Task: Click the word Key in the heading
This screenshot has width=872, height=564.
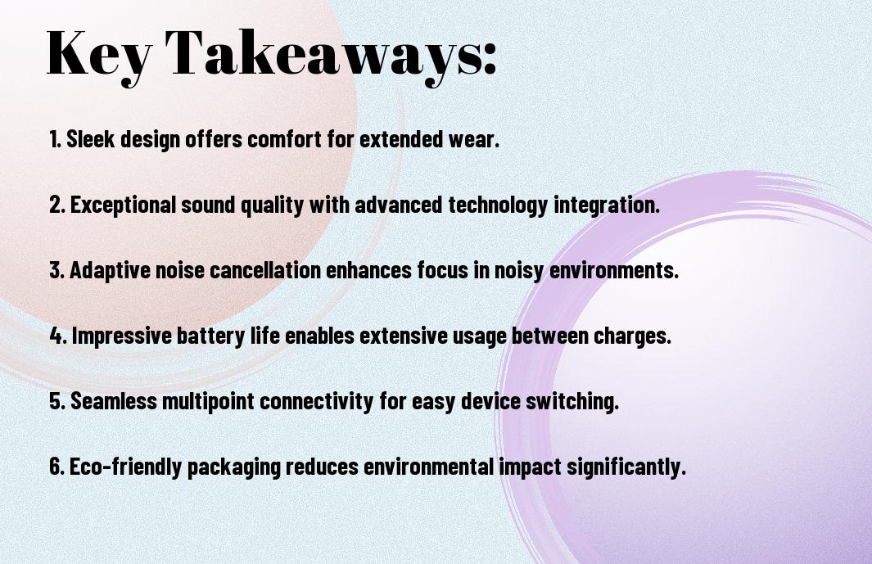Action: (98, 54)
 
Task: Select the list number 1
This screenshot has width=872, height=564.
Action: (55, 139)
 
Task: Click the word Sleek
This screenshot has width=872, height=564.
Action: (91, 139)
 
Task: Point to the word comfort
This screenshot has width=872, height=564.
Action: (284, 139)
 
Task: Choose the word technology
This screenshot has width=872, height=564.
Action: (499, 205)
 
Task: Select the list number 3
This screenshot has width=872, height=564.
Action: (56, 270)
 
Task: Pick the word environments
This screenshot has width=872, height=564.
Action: (614, 270)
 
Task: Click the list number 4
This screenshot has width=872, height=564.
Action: (58, 336)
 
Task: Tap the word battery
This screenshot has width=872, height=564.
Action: (210, 336)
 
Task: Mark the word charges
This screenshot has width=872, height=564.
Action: (632, 336)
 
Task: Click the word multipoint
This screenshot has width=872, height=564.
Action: (209, 401)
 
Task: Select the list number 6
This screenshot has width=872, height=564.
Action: (56, 467)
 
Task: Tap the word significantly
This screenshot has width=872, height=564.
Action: (626, 467)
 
